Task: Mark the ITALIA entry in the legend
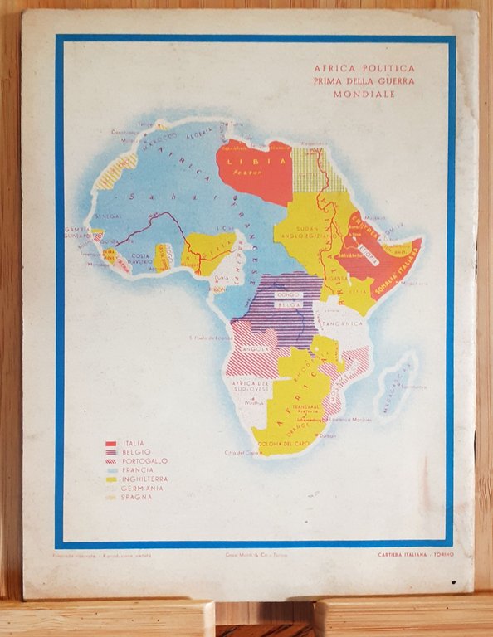tap(134, 444)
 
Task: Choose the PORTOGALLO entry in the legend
tap(144, 461)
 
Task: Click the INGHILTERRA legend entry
tap(145, 479)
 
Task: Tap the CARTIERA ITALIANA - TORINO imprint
tap(412, 555)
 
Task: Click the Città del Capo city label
tap(239, 452)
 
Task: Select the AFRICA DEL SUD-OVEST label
tap(251, 386)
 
